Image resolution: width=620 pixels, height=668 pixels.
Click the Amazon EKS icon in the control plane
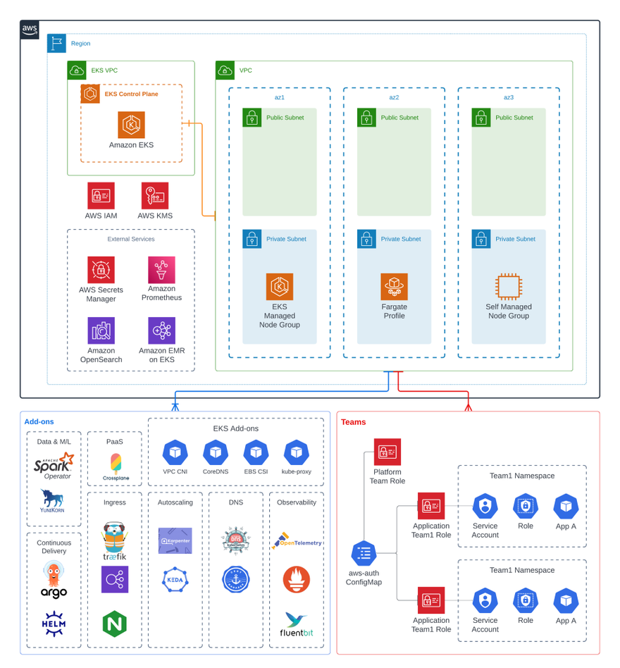[131, 125]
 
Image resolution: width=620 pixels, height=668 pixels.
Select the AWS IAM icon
[101, 196]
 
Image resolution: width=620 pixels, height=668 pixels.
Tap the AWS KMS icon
[155, 196]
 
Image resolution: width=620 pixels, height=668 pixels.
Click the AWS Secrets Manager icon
[101, 270]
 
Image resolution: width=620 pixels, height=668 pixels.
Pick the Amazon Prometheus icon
[161, 270]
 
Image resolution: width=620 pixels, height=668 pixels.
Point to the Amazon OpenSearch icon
[101, 330]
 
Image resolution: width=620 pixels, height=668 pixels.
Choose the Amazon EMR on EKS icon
[161, 330]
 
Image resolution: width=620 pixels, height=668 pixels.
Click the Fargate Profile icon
[394, 287]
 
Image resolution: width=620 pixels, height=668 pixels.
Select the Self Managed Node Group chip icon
[509, 287]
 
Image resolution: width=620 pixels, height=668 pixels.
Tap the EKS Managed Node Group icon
[280, 287]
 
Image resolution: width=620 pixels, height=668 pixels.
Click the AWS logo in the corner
[30, 30]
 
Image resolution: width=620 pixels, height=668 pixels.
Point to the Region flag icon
[57, 43]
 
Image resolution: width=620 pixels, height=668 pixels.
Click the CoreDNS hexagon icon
[216, 452]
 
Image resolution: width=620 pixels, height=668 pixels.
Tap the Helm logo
[54, 624]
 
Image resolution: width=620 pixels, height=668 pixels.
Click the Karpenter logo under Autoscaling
[175, 540]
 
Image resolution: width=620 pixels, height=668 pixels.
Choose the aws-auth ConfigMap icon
[364, 554]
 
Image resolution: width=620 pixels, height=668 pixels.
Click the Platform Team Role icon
[387, 452]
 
